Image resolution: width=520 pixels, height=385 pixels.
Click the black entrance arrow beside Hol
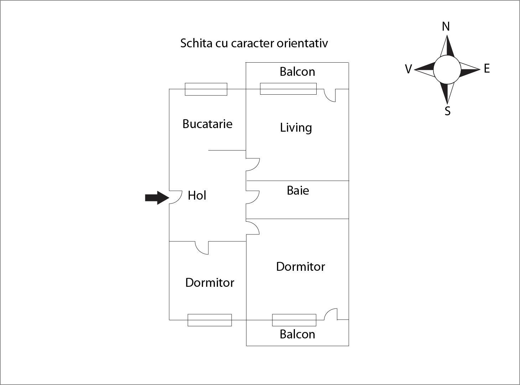(x=156, y=197)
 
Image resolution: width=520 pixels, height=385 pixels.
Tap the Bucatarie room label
(x=207, y=124)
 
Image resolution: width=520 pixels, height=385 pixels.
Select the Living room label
(x=296, y=127)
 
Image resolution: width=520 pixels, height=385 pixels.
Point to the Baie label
(x=298, y=190)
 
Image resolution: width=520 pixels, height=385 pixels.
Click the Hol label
(x=197, y=195)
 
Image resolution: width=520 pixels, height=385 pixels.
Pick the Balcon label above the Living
(x=297, y=72)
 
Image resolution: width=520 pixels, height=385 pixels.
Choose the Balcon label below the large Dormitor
(x=297, y=334)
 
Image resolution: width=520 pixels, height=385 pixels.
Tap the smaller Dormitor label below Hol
(x=209, y=283)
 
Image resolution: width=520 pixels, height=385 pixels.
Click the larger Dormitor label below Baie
(x=300, y=267)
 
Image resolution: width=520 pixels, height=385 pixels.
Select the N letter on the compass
(x=446, y=26)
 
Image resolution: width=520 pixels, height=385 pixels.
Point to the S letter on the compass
(x=447, y=111)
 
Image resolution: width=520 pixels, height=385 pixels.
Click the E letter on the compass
(x=487, y=68)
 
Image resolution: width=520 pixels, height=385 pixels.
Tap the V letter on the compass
(x=408, y=69)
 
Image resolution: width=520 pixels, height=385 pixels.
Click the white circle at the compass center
(x=447, y=69)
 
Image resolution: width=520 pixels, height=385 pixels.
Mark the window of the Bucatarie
(x=206, y=89)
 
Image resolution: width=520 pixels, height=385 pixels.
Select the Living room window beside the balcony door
(x=288, y=89)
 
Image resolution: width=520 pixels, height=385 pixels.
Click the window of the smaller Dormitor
(x=209, y=320)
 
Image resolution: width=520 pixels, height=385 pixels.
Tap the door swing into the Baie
(x=252, y=197)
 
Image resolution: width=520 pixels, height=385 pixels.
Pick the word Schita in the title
(x=196, y=43)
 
